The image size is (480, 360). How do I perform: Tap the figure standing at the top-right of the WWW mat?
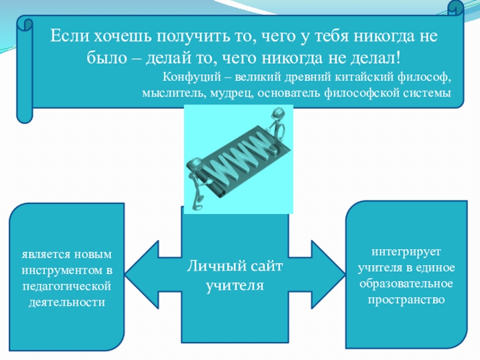[x=277, y=126]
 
